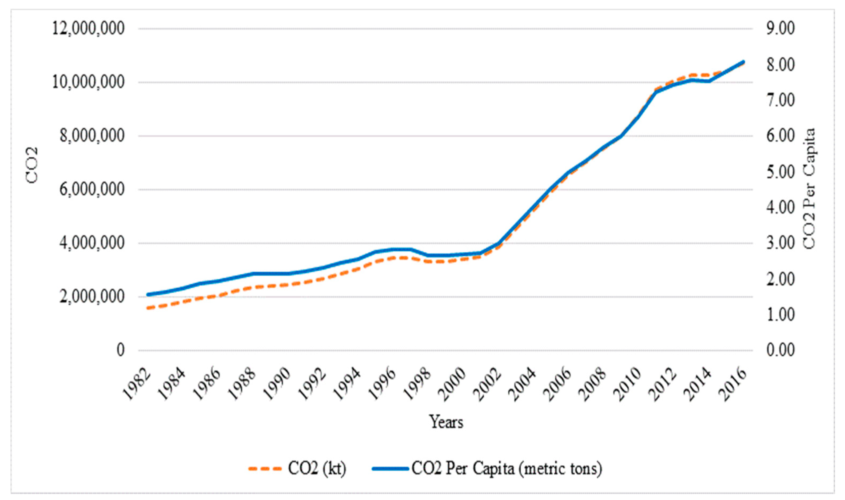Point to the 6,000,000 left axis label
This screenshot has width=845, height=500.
[91, 190]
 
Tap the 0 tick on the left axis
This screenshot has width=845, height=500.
[121, 350]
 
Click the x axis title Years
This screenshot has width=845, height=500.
[446, 422]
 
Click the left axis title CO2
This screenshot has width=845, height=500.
[32, 166]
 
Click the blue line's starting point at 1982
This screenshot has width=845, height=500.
[148, 295]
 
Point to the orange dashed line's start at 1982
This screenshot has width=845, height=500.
[148, 308]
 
